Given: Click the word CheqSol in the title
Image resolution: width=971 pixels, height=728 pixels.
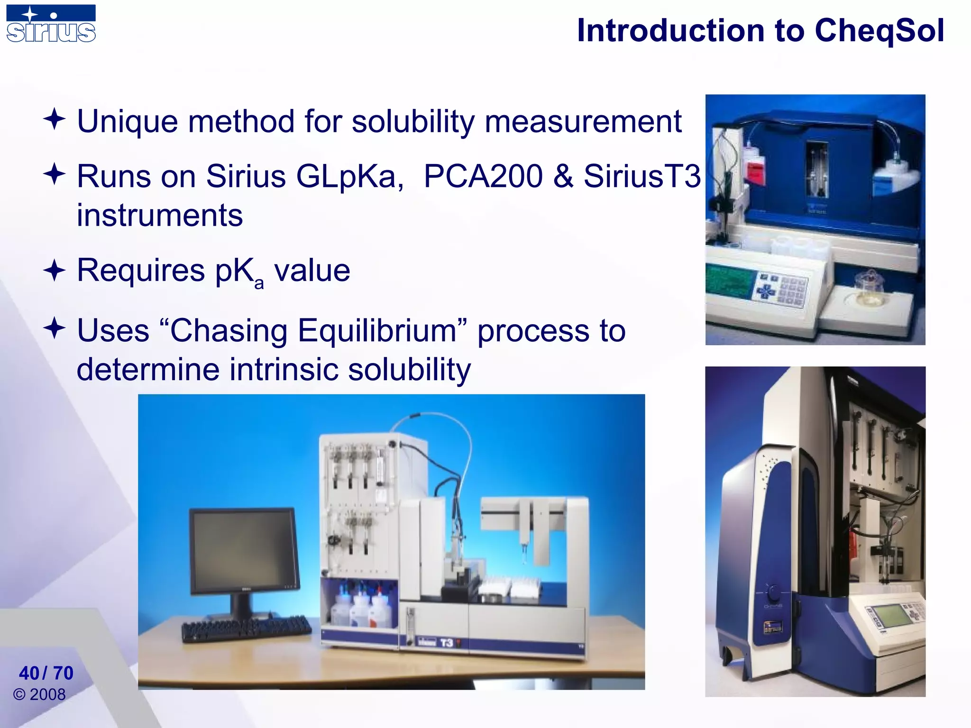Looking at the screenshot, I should click(x=879, y=31).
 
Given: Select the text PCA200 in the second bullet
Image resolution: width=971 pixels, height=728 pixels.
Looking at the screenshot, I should click(x=483, y=176).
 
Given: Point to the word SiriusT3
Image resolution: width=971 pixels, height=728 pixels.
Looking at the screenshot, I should click(x=641, y=176).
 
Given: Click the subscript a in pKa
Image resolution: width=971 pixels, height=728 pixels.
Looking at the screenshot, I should click(x=259, y=283).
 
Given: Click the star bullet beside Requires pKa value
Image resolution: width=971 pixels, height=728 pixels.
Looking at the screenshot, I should click(x=55, y=271).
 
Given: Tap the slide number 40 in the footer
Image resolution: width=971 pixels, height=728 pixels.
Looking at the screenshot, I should click(x=29, y=673).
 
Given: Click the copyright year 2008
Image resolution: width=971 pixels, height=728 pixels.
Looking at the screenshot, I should click(x=47, y=695).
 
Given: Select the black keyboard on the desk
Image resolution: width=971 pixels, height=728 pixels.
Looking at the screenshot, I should click(x=247, y=628).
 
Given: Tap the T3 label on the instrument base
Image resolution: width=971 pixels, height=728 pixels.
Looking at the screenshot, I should click(x=446, y=643).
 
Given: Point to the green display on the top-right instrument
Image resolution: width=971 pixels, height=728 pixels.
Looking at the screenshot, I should click(x=728, y=280).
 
